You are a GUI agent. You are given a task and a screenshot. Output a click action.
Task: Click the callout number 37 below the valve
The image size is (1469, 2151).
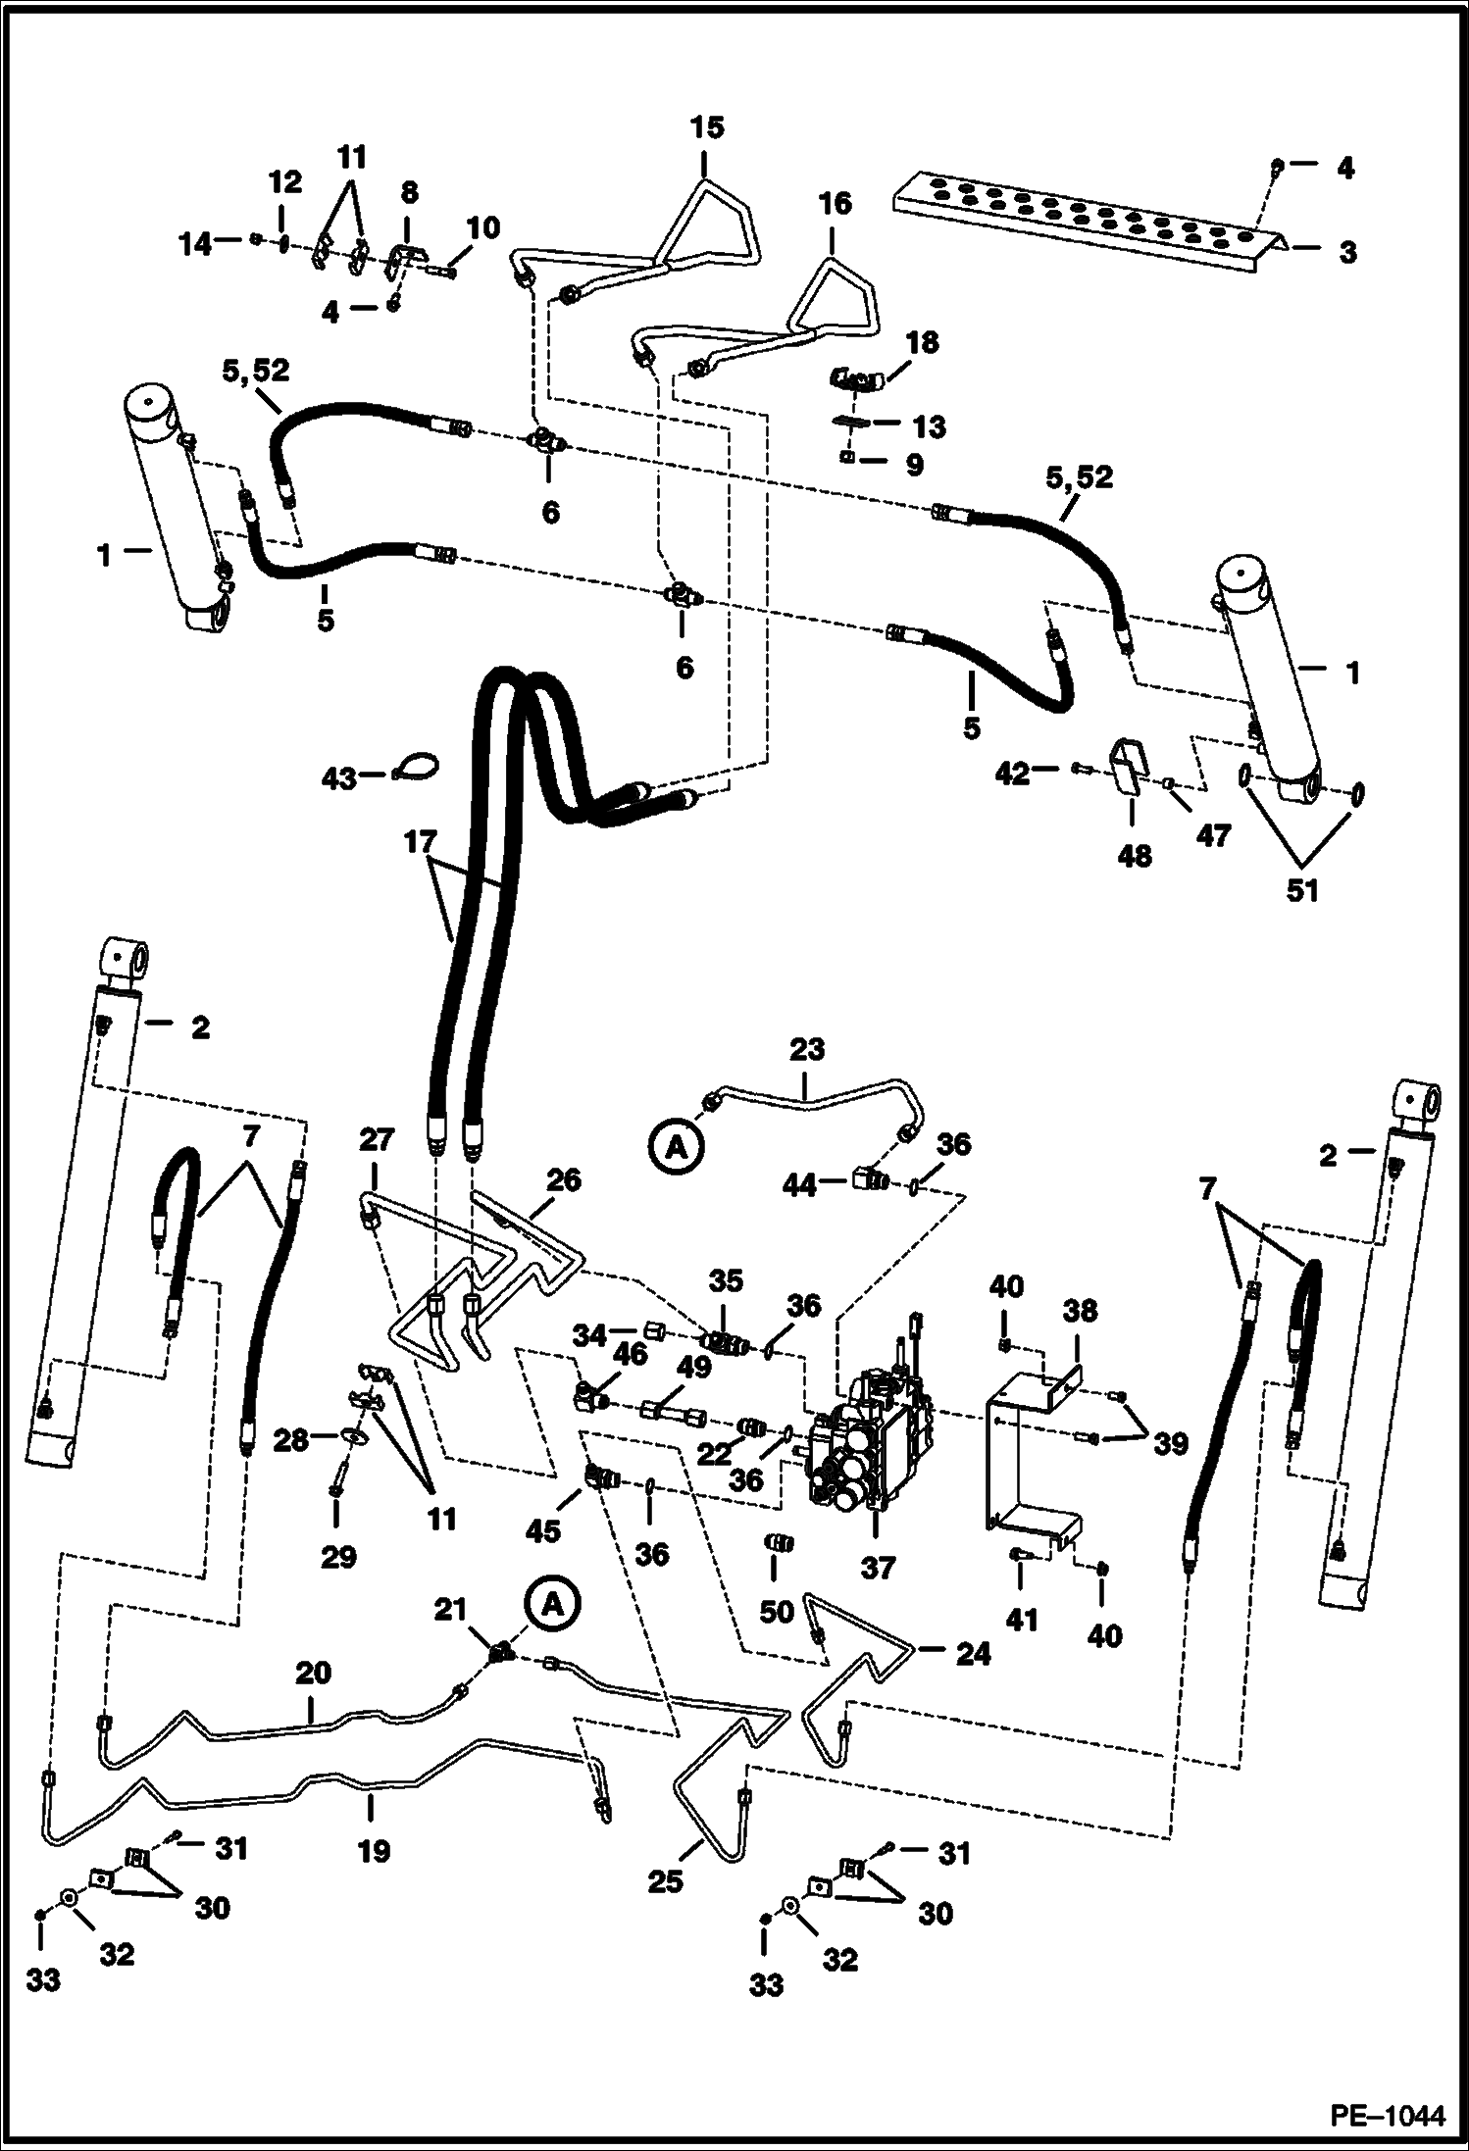coord(877,1568)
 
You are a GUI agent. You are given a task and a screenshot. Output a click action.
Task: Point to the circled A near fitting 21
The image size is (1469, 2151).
coord(552,1604)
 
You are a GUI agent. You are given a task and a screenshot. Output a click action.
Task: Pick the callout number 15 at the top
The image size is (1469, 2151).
coord(706,127)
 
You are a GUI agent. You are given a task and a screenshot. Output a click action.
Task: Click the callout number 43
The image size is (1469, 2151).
coord(339,780)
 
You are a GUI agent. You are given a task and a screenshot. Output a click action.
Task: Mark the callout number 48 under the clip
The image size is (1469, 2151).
coord(1134,856)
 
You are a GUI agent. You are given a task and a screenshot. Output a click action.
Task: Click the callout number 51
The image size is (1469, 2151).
coord(1301,890)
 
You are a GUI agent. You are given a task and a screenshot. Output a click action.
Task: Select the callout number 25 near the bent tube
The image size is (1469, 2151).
coord(664,1881)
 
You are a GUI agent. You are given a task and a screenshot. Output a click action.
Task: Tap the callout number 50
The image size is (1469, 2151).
coord(776,1612)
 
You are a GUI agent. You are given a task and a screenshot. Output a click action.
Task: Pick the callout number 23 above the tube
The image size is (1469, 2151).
coord(806,1050)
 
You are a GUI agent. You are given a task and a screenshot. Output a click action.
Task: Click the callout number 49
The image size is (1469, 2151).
coord(693,1366)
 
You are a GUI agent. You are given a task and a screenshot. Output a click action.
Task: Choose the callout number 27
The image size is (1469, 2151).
coord(377,1140)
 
